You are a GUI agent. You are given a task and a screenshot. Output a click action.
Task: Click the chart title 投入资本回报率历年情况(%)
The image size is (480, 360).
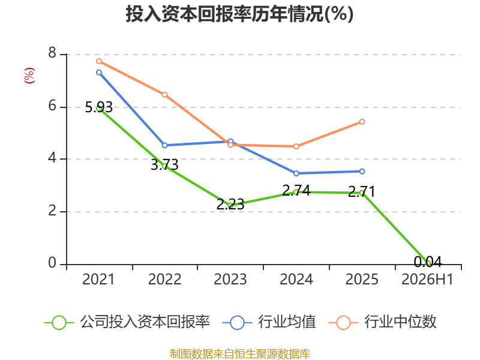tap(239, 14)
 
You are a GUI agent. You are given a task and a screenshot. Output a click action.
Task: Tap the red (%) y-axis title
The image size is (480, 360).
tap(29, 76)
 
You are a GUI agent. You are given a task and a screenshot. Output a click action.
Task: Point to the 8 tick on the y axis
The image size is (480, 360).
tap(52, 53)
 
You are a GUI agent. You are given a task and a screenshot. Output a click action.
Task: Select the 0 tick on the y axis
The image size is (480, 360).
tap(52, 263)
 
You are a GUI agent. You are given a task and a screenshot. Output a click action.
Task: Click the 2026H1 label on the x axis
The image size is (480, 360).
tap(427, 280)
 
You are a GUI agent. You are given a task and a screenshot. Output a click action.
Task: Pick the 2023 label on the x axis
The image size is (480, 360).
tap(230, 280)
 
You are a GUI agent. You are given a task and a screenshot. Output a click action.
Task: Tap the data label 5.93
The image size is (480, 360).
tap(99, 107)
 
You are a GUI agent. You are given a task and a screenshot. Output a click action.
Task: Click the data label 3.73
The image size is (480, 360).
tap(164, 165)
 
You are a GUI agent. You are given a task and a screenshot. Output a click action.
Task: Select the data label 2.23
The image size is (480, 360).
tap(230, 205)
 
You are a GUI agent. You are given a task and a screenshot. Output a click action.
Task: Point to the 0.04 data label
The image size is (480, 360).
tap(428, 262)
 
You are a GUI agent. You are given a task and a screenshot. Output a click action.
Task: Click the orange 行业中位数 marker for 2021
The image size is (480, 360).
tap(99, 61)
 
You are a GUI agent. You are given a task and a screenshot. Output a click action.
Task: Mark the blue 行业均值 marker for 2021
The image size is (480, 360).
tap(99, 73)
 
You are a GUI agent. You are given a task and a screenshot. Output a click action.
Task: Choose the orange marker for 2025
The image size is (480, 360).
tap(362, 122)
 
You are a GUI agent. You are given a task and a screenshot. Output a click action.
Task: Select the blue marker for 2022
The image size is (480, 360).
tap(164, 145)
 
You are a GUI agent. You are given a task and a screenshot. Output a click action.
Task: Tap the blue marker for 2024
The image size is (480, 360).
tap(296, 173)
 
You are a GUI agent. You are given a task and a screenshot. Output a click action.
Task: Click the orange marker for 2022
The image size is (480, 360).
tap(164, 95)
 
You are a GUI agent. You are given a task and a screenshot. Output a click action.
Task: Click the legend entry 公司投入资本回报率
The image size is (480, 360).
tap(127, 322)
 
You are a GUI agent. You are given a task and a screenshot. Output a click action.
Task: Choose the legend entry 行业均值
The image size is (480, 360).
tap(269, 322)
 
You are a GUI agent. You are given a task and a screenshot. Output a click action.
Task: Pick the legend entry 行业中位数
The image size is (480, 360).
tap(382, 322)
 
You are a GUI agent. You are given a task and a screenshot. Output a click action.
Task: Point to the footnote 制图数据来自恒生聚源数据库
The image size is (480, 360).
tap(240, 354)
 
